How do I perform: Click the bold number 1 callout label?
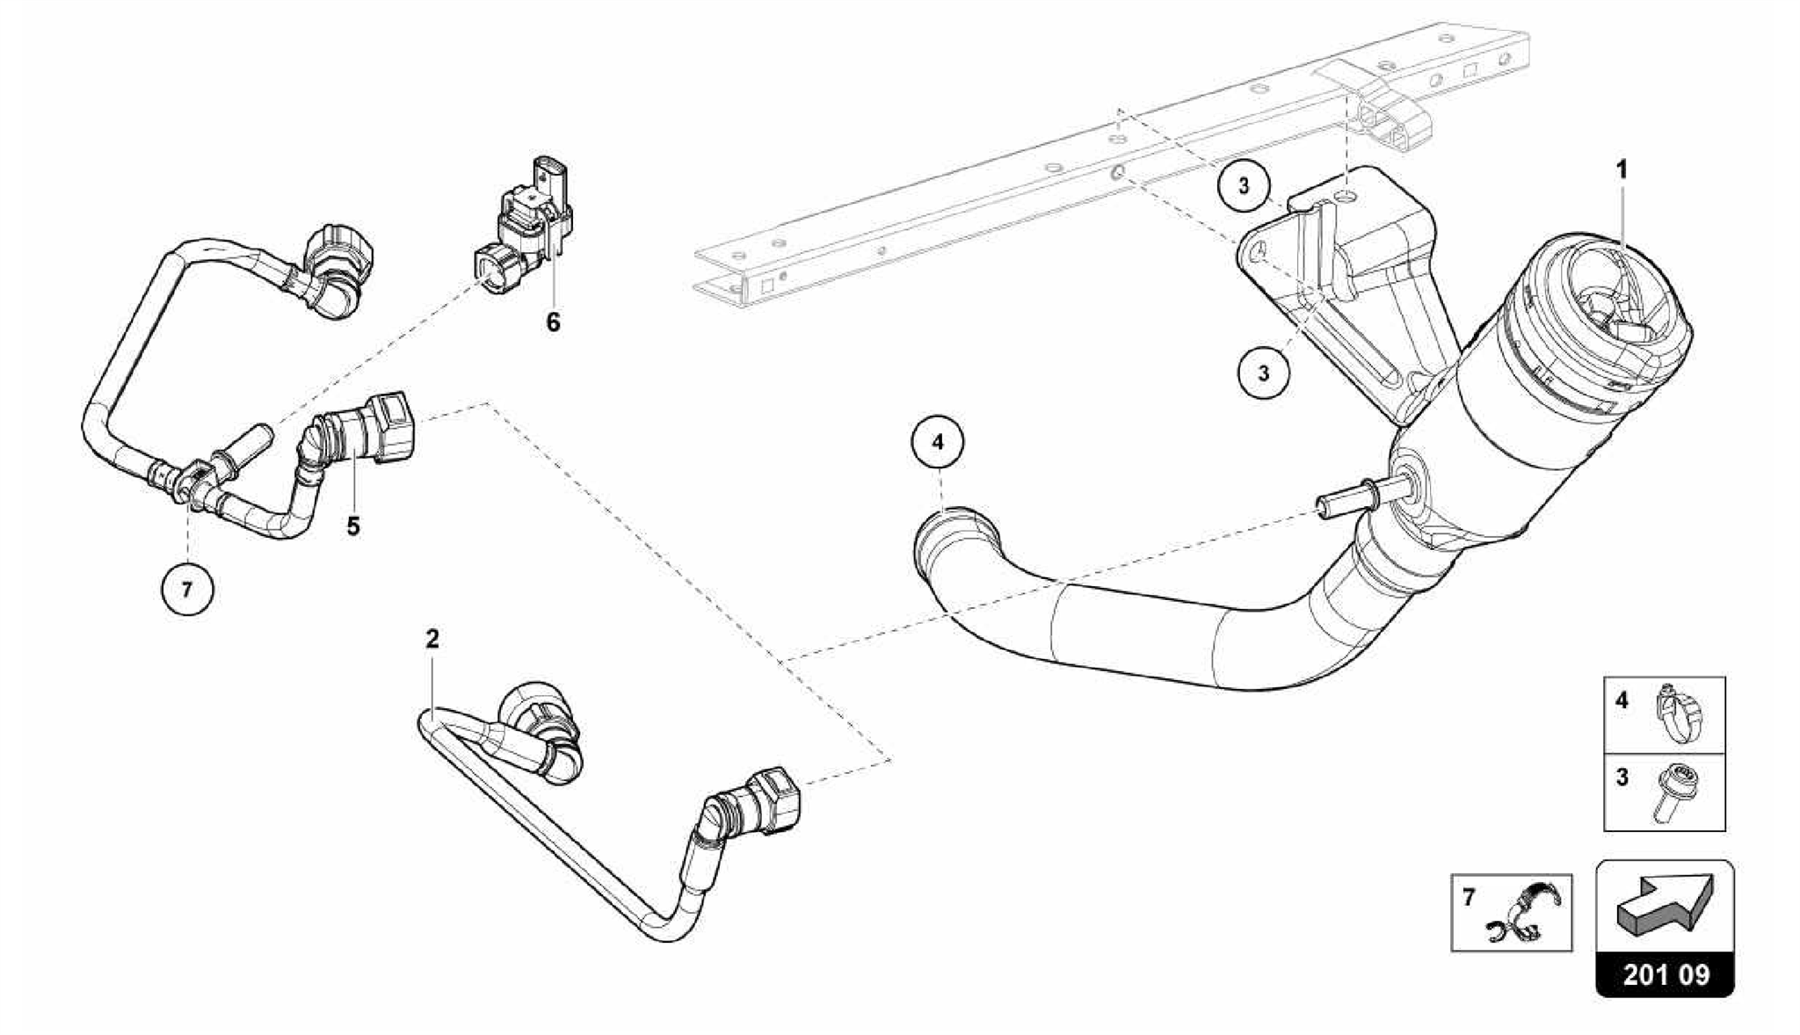coord(1622,170)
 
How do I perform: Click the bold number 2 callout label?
coord(432,640)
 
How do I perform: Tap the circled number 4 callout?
coord(938,443)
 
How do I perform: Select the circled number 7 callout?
coord(186,590)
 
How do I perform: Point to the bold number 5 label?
coord(353,526)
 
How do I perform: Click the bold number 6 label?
coord(553,322)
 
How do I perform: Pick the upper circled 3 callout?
coord(1244,186)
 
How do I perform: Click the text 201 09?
coord(1665,975)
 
